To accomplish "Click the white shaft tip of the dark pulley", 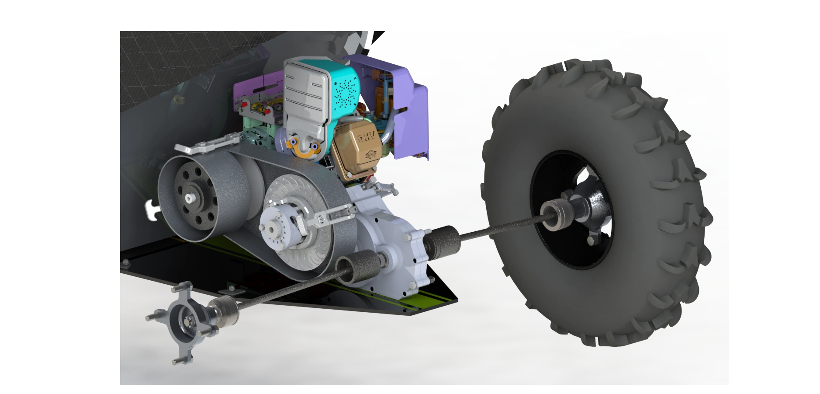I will (x=189, y=198).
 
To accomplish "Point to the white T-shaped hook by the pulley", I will (x=152, y=209).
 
